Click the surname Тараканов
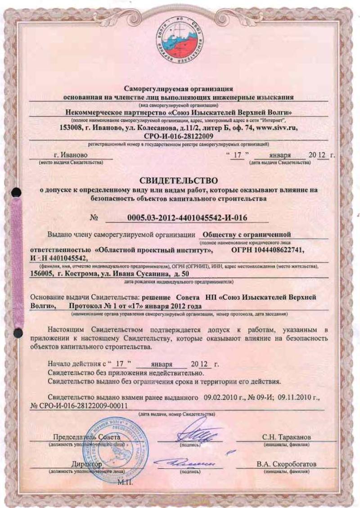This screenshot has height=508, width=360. (294, 437)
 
